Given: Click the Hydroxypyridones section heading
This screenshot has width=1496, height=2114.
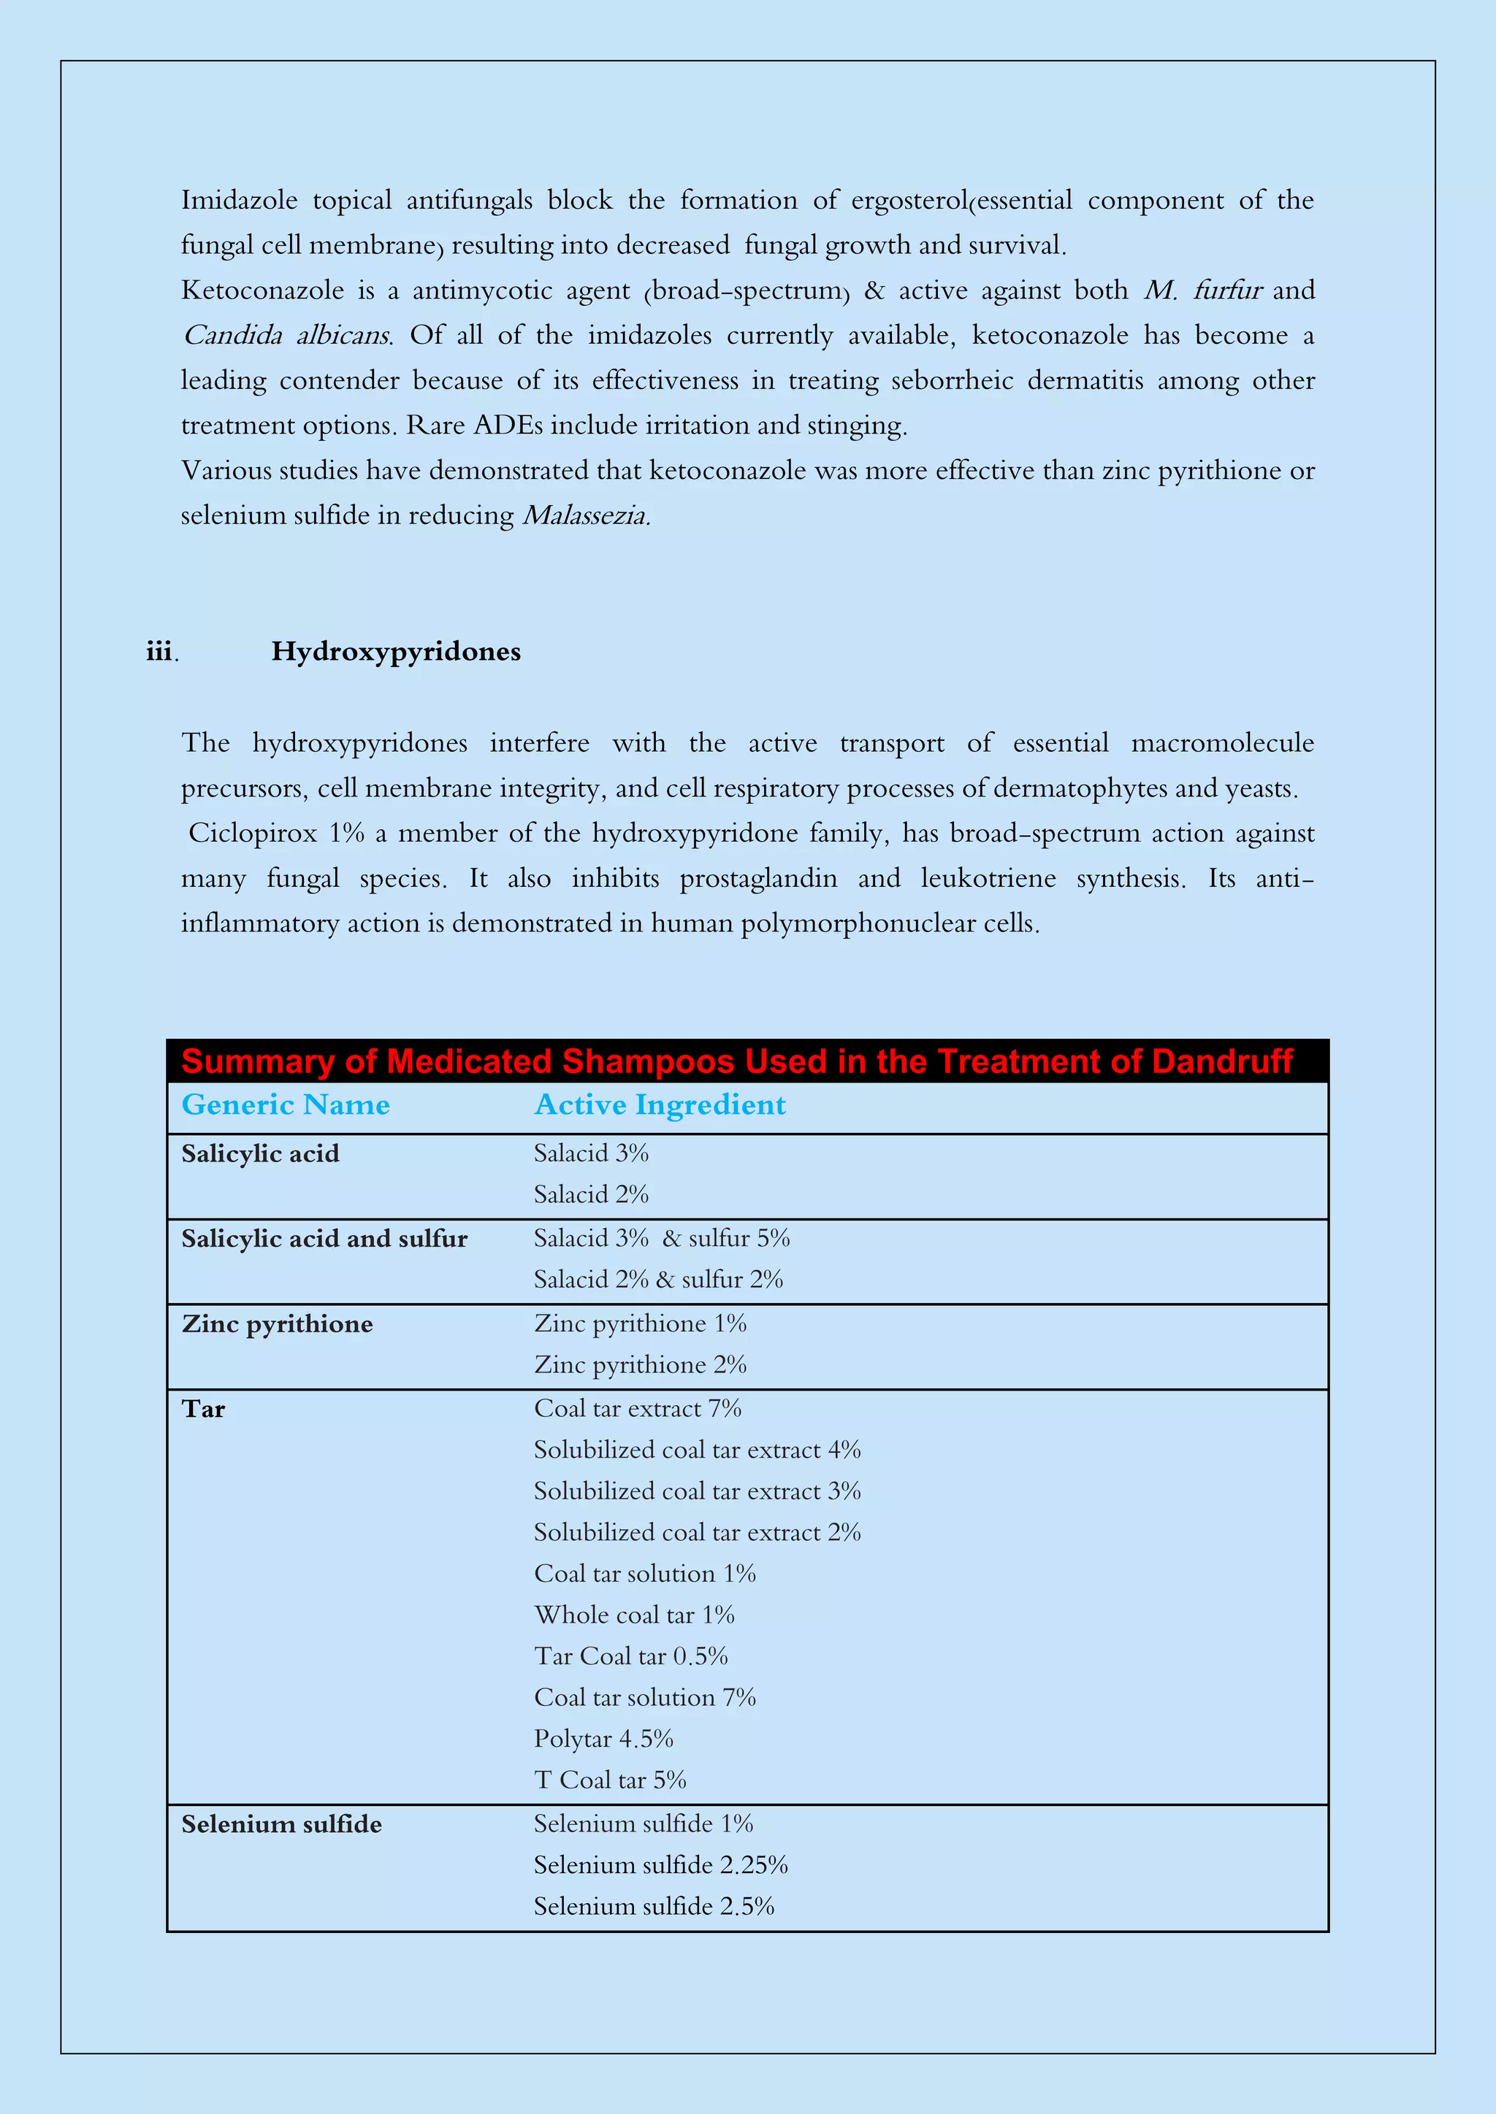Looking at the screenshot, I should (x=395, y=652).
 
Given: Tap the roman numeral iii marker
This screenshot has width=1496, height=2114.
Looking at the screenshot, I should (x=159, y=652).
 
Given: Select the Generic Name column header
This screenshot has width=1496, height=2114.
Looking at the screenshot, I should (x=286, y=1105).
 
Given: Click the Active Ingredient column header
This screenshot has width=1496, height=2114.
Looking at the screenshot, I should (x=660, y=1105).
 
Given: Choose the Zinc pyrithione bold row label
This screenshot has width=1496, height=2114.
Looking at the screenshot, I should (x=278, y=1324).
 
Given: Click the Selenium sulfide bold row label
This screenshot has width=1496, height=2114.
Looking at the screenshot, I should (x=281, y=1825).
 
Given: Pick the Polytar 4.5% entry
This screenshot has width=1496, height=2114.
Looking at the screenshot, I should (x=603, y=1740).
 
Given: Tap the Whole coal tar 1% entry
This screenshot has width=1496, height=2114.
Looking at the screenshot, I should (x=634, y=1615).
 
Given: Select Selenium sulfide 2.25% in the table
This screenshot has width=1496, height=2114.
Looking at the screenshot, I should (x=660, y=1865).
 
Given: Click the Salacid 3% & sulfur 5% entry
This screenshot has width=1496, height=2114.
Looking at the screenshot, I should (x=661, y=1238).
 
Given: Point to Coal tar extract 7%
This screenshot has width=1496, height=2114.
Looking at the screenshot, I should (x=638, y=1409).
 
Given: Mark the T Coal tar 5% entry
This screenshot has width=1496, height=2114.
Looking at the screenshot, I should (x=610, y=1780).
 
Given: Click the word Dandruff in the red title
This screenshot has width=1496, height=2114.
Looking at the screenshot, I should (x=1221, y=1061).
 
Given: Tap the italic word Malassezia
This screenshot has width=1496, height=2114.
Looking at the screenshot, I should (x=586, y=515).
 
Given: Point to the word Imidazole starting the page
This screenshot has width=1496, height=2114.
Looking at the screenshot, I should (x=239, y=201).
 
